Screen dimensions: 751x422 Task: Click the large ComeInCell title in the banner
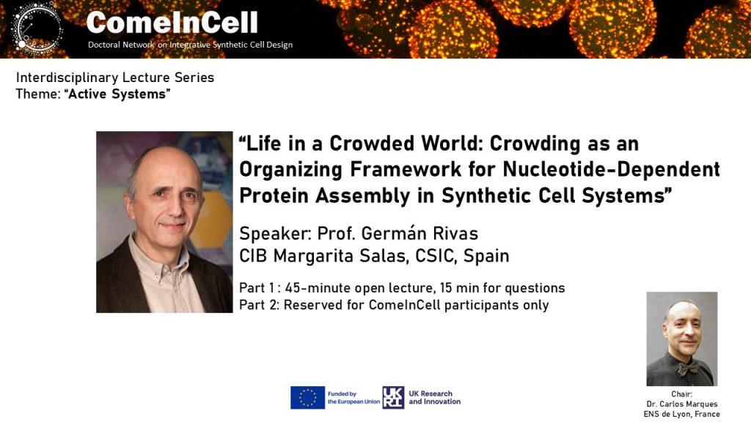pyautogui.click(x=172, y=23)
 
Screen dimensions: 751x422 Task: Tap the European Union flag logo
pyautogui.click(x=307, y=398)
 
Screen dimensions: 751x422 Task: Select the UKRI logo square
pyautogui.click(x=393, y=398)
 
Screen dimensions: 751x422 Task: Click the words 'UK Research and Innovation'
pyautogui.click(x=434, y=398)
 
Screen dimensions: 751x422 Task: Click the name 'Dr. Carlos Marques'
pyautogui.click(x=681, y=404)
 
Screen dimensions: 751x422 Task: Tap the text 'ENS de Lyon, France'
pyautogui.click(x=681, y=414)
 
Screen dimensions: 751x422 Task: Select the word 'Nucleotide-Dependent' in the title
pyautogui.click(x=611, y=169)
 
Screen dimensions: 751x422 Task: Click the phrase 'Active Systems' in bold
pyautogui.click(x=117, y=94)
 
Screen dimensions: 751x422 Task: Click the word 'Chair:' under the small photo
pyautogui.click(x=681, y=394)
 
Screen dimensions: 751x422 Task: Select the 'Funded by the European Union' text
pyautogui.click(x=353, y=398)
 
